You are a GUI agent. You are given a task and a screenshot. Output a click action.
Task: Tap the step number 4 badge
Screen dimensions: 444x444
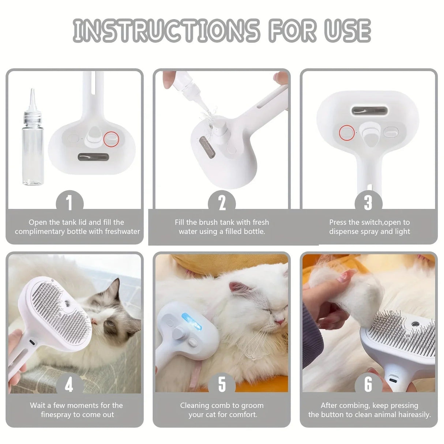pyautogui.click(x=69, y=385)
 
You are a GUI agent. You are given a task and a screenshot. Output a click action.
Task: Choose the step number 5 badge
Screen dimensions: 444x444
pyautogui.click(x=222, y=385)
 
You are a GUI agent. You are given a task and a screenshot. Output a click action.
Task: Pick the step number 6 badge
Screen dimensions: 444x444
pyautogui.click(x=368, y=385)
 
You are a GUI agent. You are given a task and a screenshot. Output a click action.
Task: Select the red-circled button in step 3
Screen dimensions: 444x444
pyautogui.click(x=346, y=132)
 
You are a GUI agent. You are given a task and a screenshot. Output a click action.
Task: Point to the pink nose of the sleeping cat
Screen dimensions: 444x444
pyautogui.click(x=280, y=321)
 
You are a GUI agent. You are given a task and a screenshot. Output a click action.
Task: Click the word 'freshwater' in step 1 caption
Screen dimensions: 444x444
pyautogui.click(x=122, y=232)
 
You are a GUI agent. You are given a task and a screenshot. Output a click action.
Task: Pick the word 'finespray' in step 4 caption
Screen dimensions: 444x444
pyautogui.click(x=56, y=415)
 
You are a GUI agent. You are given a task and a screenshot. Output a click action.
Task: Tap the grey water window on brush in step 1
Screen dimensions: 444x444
pyautogui.click(x=93, y=158)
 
